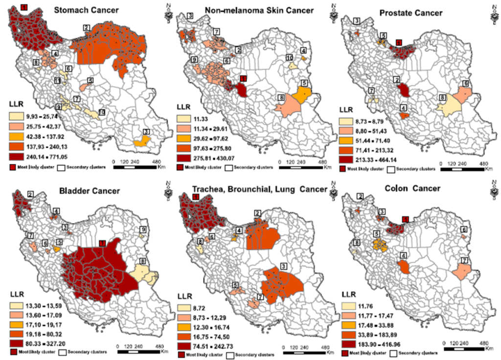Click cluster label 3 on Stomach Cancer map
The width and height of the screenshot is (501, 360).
[146, 132]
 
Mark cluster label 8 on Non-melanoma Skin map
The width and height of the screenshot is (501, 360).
[281, 98]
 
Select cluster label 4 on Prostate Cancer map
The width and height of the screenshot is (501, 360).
[403, 108]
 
